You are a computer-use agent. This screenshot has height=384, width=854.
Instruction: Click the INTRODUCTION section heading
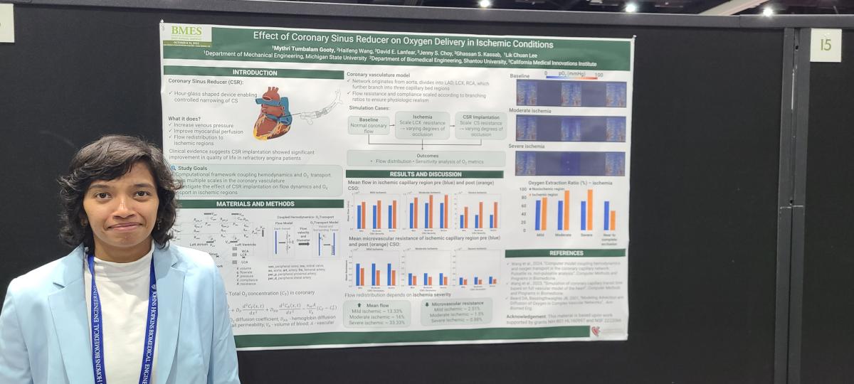255,73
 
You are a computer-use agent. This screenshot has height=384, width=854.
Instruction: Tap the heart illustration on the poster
273,112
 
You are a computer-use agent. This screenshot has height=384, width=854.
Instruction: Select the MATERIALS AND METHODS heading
255,204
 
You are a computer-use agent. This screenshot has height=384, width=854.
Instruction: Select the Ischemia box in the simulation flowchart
422,125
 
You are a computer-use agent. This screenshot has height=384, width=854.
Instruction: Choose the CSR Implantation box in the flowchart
481,125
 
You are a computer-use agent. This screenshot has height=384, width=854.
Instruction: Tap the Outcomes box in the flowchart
427,158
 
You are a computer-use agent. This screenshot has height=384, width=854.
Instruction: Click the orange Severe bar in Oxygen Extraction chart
590,210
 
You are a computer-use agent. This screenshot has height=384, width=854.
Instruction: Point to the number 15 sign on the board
825,45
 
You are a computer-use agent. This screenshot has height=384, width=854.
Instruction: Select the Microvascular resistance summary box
455,311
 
